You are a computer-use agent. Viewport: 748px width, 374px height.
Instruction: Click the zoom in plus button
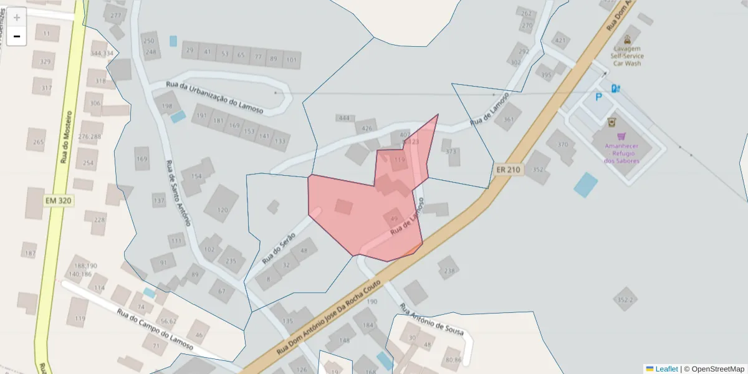[x=16, y=17]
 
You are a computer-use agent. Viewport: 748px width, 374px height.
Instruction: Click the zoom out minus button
[x=16, y=37]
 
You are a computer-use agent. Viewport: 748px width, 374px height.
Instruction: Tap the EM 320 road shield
[x=59, y=201]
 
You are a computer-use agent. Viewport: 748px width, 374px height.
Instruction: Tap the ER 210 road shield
[x=509, y=170]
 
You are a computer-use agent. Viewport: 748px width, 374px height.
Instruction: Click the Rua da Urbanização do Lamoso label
[x=215, y=97]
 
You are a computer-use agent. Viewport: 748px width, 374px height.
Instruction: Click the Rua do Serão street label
[x=278, y=244]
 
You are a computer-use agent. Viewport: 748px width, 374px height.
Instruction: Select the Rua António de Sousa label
[x=431, y=320]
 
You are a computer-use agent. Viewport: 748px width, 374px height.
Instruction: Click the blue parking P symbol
[x=599, y=97]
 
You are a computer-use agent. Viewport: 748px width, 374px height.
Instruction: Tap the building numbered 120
[x=223, y=210]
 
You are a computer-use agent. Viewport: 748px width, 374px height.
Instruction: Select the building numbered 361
[x=509, y=120]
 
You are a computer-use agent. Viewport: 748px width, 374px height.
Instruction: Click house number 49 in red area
[x=393, y=219]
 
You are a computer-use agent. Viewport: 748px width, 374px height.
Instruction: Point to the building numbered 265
[x=39, y=142]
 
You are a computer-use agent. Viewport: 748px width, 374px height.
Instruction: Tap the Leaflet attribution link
[x=666, y=369]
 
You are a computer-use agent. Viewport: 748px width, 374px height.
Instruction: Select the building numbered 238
[x=449, y=271]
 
